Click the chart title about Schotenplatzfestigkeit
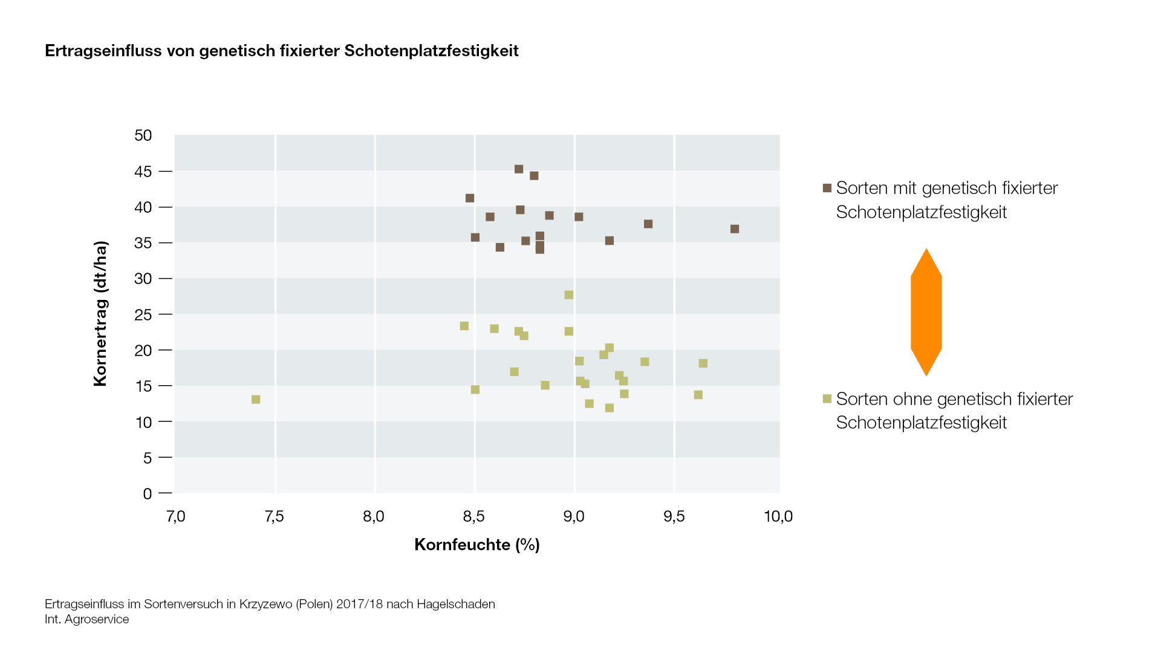tap(281, 51)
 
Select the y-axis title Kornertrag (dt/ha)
tap(100, 313)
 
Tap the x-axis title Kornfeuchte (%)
tap(476, 545)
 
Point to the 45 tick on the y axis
tap(143, 172)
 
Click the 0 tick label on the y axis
tap(148, 494)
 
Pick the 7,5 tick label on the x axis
tap(274, 516)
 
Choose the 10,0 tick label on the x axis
tap(778, 516)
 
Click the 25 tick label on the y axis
tap(143, 315)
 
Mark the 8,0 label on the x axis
tap(374, 516)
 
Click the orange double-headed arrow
tap(926, 312)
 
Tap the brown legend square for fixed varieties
tap(827, 188)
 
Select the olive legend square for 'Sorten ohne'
tap(827, 398)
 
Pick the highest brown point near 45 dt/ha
tap(519, 169)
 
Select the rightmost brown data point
tap(735, 229)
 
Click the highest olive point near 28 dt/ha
tap(569, 295)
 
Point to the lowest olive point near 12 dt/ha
tap(610, 408)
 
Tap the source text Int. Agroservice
tap(86, 619)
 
